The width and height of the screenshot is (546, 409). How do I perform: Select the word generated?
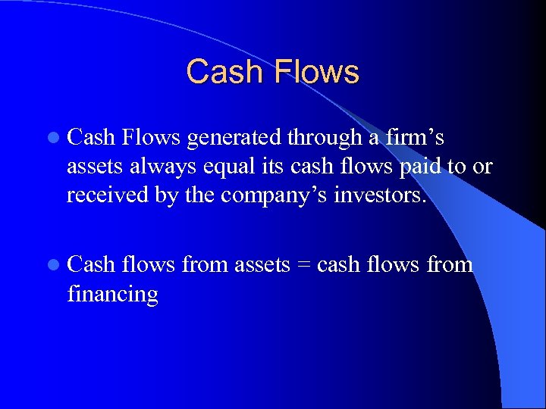tap(234, 138)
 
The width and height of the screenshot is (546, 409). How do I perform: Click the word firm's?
tap(416, 138)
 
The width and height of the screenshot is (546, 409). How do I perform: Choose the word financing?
tap(112, 294)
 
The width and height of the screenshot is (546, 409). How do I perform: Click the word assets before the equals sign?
tap(262, 265)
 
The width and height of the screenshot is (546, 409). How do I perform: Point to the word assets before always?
tap(95, 167)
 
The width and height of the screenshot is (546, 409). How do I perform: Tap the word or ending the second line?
tap(483, 167)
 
